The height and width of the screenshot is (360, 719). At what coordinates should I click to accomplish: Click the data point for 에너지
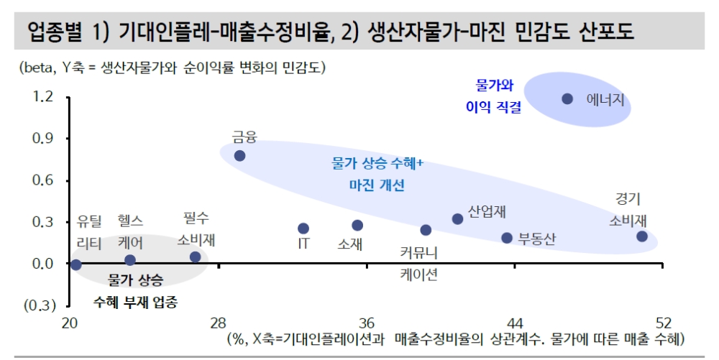pos(567,98)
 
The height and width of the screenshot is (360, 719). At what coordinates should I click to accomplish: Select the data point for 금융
pos(239,155)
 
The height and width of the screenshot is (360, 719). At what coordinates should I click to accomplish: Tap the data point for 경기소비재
pos(642,236)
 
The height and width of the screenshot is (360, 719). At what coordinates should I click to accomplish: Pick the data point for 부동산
pos(507,238)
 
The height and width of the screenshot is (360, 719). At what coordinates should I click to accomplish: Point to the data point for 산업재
pos(457,219)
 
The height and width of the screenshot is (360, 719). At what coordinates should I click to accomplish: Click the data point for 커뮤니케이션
pos(426,230)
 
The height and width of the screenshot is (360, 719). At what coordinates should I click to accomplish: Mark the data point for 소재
pos(357,226)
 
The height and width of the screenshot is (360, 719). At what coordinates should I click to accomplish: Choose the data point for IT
pos(303,229)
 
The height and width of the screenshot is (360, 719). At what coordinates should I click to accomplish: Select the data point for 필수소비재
pos(196,257)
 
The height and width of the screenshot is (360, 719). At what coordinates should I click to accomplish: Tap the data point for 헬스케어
pos(130,260)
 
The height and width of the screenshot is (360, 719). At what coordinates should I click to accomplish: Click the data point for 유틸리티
pos(76,264)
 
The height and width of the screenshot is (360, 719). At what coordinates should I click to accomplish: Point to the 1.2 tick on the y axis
pos(43,97)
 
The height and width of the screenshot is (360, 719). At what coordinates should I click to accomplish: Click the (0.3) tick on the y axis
pos(40,305)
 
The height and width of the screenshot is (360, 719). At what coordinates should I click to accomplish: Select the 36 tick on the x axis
pos(367,323)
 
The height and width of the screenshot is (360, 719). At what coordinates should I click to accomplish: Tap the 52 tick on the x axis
pos(663,323)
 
